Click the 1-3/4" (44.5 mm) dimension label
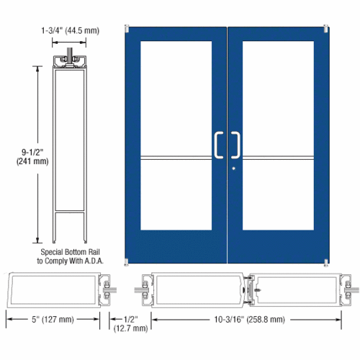coord(71,31)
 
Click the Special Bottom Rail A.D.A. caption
coord(70,258)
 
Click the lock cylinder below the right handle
coord(235,169)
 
